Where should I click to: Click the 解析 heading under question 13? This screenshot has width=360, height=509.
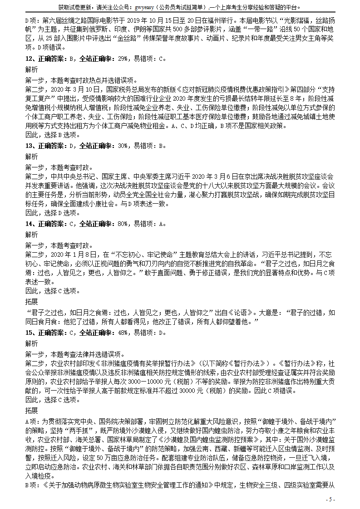click(32, 157)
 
